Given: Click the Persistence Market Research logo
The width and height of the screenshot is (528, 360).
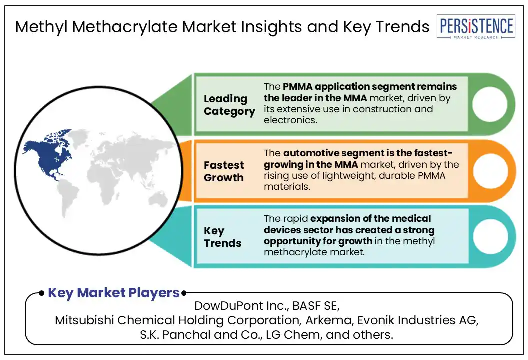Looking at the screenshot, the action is click(476, 27).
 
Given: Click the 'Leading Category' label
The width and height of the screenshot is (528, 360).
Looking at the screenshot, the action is click(229, 105).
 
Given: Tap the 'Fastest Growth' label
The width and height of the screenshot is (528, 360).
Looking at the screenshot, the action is click(224, 171).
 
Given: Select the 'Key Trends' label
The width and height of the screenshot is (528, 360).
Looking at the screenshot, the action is click(222, 237).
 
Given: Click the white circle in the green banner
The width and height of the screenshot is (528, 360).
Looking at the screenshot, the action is click(490, 104).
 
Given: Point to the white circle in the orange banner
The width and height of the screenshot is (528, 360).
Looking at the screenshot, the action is click(490, 171).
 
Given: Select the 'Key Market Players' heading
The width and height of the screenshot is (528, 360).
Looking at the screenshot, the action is click(114, 293).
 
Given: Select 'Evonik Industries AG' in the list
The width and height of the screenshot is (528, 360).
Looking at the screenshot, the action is click(418, 320).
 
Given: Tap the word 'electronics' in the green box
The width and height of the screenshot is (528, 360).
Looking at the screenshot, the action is click(290, 120).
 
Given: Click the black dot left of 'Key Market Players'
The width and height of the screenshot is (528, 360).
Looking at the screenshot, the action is click(42, 293).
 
